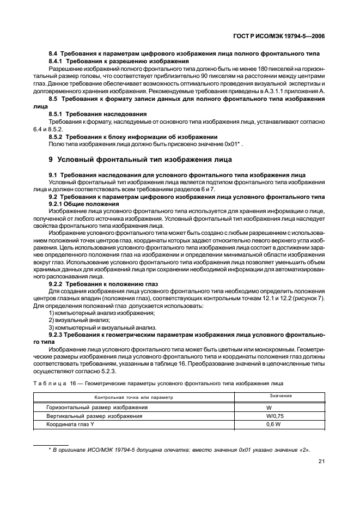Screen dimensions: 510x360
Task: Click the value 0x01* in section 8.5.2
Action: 233,144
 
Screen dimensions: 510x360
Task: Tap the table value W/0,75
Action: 273,416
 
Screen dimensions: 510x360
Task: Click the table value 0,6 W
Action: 272,424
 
